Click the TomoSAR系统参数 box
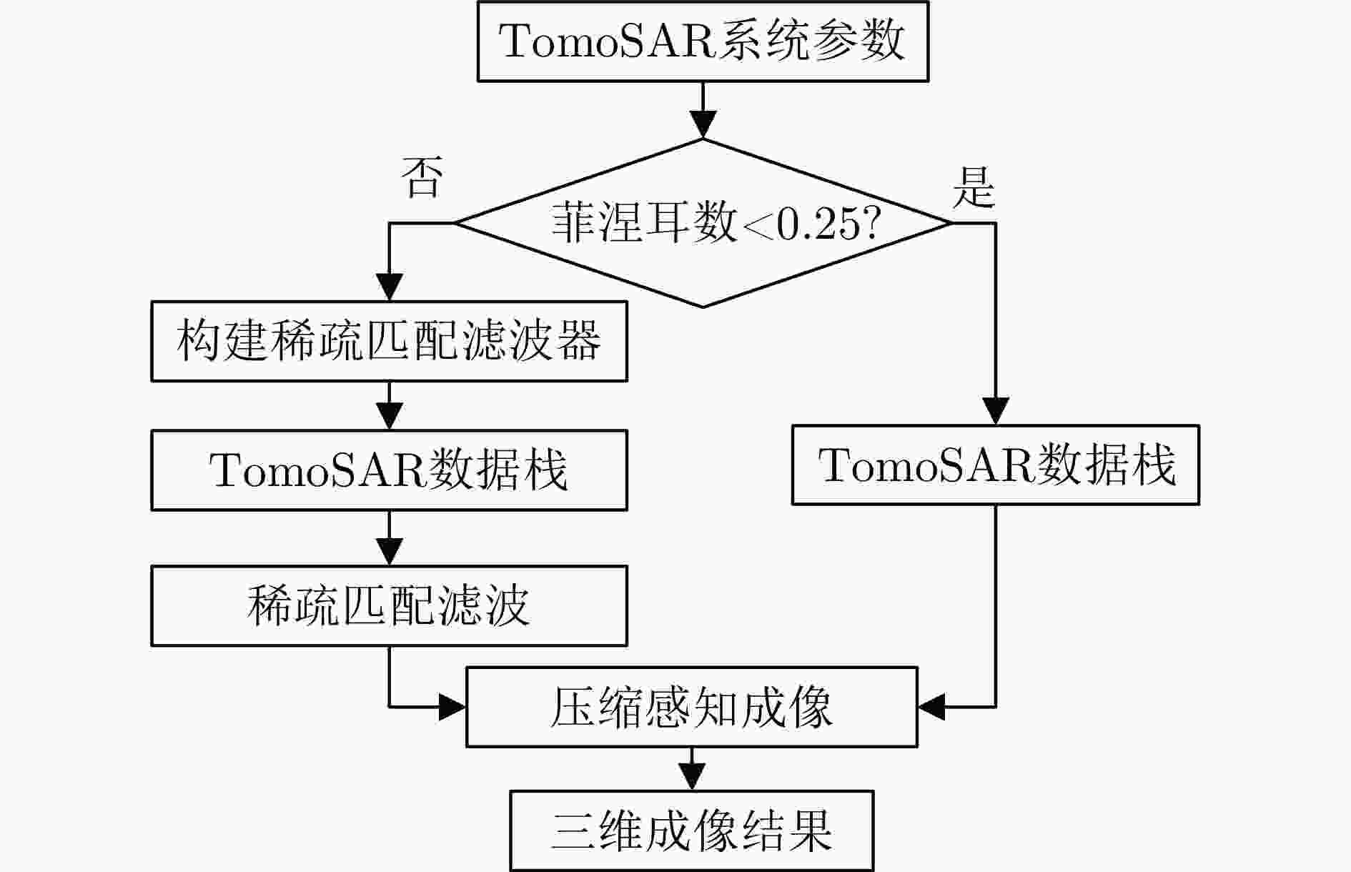[x=703, y=41]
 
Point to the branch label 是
[x=974, y=188]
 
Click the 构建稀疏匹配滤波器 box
[x=389, y=341]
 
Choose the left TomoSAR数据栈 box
[x=389, y=470]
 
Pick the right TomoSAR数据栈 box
[x=995, y=465]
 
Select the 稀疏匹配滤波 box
[x=389, y=606]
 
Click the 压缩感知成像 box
[x=691, y=707]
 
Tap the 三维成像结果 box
[x=691, y=831]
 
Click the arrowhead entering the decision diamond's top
[x=703, y=125]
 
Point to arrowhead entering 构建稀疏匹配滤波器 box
[x=389, y=288]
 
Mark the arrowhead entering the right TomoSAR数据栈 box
[x=996, y=412]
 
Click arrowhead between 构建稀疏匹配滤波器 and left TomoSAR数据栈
[x=389, y=417]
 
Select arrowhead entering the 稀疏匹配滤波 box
[x=389, y=553]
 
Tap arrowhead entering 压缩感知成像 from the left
[x=452, y=707]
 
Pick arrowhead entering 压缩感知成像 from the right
[x=931, y=707]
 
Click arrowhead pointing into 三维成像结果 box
[x=691, y=777]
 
